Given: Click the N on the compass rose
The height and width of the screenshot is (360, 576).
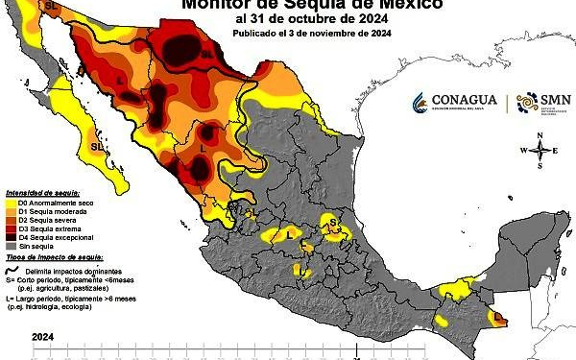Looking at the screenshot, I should (541, 135).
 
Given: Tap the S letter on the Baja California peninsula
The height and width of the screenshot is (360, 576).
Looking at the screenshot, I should (94, 147).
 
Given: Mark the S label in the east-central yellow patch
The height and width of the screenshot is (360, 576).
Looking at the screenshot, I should (333, 222).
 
